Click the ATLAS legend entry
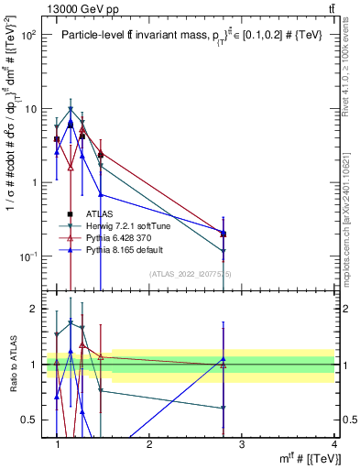[99, 213]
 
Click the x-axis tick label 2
[149, 443]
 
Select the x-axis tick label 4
[334, 443]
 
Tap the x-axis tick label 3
[242, 443]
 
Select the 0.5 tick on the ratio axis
[28, 420]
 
